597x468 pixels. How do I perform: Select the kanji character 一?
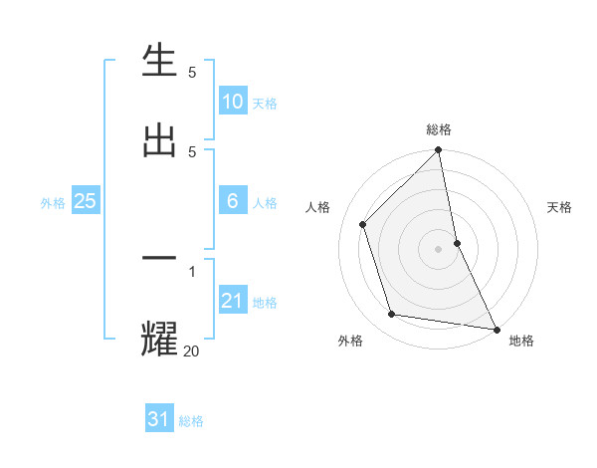(160, 258)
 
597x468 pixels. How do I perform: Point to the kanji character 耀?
(160, 338)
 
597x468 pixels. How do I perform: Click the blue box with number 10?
(233, 102)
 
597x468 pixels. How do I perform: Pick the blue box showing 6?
(233, 201)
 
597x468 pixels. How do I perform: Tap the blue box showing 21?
(233, 301)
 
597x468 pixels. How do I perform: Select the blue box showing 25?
(86, 201)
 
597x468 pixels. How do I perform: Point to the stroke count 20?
(191, 350)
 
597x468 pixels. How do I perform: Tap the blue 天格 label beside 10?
(264, 104)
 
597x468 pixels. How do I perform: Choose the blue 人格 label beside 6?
(264, 203)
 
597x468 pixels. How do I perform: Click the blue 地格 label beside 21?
(264, 303)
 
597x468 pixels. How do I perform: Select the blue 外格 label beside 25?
(53, 203)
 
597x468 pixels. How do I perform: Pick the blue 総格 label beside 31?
(191, 421)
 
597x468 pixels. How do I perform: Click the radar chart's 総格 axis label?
(439, 129)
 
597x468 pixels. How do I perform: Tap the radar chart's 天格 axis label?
(560, 207)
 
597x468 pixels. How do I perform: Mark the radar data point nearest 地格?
(495, 329)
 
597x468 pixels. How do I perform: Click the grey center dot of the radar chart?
(439, 248)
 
